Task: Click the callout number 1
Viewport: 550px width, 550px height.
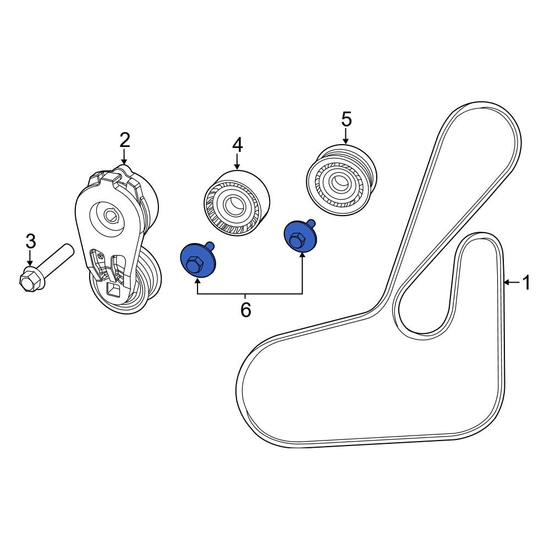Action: (526, 283)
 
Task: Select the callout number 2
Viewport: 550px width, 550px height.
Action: (125, 140)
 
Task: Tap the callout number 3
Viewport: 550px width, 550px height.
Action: (31, 241)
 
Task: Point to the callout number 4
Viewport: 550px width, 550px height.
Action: (237, 145)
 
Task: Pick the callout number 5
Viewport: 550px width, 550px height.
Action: (346, 119)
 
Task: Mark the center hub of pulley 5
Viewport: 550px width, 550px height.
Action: (337, 182)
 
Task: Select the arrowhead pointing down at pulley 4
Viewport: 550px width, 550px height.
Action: (237, 166)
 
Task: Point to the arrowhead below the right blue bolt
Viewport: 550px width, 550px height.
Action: (302, 256)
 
